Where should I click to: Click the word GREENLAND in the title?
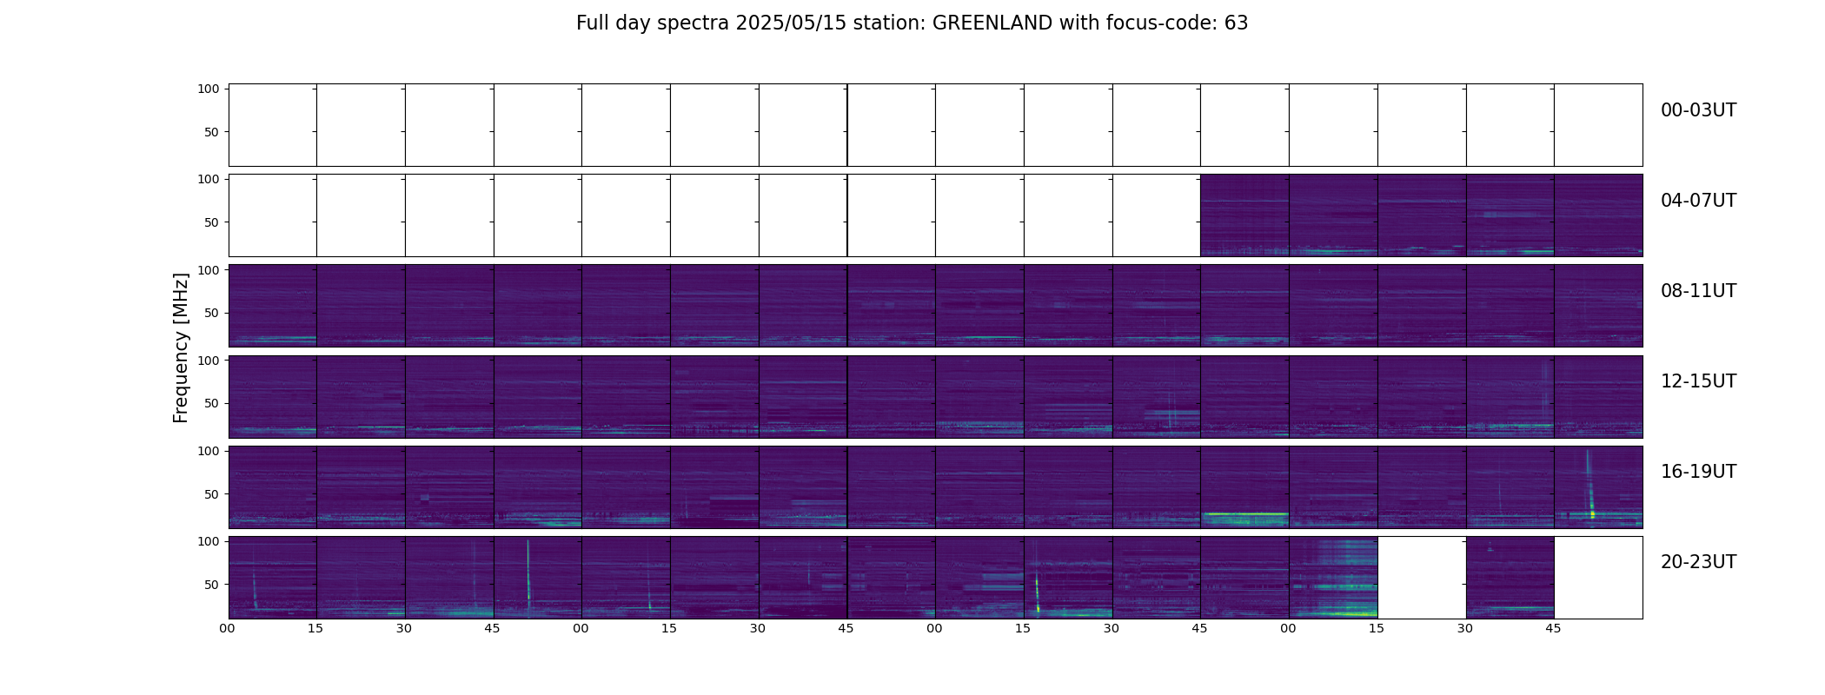[x=992, y=23]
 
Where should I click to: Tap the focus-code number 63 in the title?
[x=1236, y=23]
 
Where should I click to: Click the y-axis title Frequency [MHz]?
[x=181, y=347]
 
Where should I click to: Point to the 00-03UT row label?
[x=1698, y=110]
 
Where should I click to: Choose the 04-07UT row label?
[x=1698, y=201]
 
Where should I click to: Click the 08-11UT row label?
[x=1698, y=291]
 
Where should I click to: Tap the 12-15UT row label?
[x=1698, y=381]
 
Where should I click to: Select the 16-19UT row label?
[x=1698, y=472]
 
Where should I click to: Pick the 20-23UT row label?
[x=1698, y=562]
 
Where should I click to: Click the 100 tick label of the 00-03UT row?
[x=209, y=89]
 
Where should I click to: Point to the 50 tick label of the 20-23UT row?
[x=212, y=585]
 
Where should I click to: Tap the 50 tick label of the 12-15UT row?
[x=212, y=404]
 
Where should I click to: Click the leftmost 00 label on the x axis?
[x=228, y=628]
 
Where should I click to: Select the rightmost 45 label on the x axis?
[x=1553, y=628]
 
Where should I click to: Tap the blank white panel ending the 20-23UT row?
[x=1598, y=577]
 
